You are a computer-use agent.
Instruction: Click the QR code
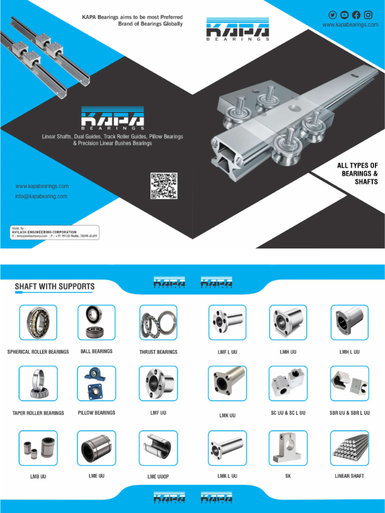coord(164,185)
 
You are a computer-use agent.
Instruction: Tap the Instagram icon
coord(368,15)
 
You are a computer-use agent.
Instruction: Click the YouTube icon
coord(344,15)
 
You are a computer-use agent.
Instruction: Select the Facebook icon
coord(356,15)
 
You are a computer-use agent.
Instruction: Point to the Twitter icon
coord(333,15)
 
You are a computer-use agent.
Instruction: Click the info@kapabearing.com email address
coord(41,196)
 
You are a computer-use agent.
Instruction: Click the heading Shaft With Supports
coord(55,287)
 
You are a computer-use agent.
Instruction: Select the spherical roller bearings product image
coord(38,323)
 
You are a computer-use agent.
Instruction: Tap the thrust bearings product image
coord(158,323)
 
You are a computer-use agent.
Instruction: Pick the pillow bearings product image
coord(96,383)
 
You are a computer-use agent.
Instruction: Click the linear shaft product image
coord(349,448)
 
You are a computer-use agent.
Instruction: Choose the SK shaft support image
coord(288,448)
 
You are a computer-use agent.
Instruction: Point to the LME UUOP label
coord(158,476)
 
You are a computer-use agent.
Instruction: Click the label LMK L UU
coord(228,476)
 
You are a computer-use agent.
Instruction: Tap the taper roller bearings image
coord(38,383)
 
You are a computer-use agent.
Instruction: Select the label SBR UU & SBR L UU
coord(349,413)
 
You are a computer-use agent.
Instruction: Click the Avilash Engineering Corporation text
coord(45,232)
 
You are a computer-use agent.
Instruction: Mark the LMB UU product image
coord(38,448)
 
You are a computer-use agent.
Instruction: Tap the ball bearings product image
coord(96,323)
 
